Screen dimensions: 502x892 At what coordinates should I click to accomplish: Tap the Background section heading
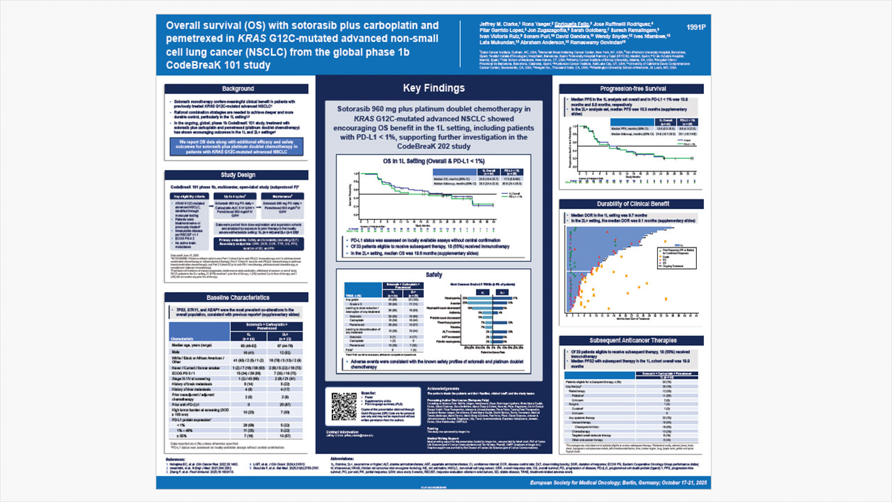pos(238,89)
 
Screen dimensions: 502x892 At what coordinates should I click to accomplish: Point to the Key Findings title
pos(433,88)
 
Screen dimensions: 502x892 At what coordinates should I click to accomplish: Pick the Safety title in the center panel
pos(434,275)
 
